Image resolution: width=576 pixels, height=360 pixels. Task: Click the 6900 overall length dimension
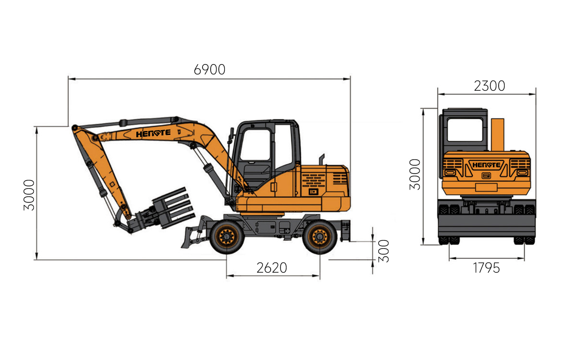click(x=209, y=70)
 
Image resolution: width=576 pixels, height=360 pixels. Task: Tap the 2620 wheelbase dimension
click(x=272, y=268)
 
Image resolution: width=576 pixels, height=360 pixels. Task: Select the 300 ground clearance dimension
click(x=384, y=251)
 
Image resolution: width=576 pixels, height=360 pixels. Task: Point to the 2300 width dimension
click(x=489, y=86)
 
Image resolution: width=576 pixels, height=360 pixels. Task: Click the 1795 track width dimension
click(x=486, y=268)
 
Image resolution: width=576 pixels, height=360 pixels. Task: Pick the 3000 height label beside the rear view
click(x=415, y=174)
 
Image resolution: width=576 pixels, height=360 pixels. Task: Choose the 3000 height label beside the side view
click(x=29, y=195)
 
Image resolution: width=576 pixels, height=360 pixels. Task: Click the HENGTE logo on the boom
click(x=153, y=133)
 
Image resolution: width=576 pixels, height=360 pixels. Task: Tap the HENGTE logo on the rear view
click(x=486, y=165)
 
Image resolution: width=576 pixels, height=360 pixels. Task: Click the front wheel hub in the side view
click(x=227, y=237)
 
